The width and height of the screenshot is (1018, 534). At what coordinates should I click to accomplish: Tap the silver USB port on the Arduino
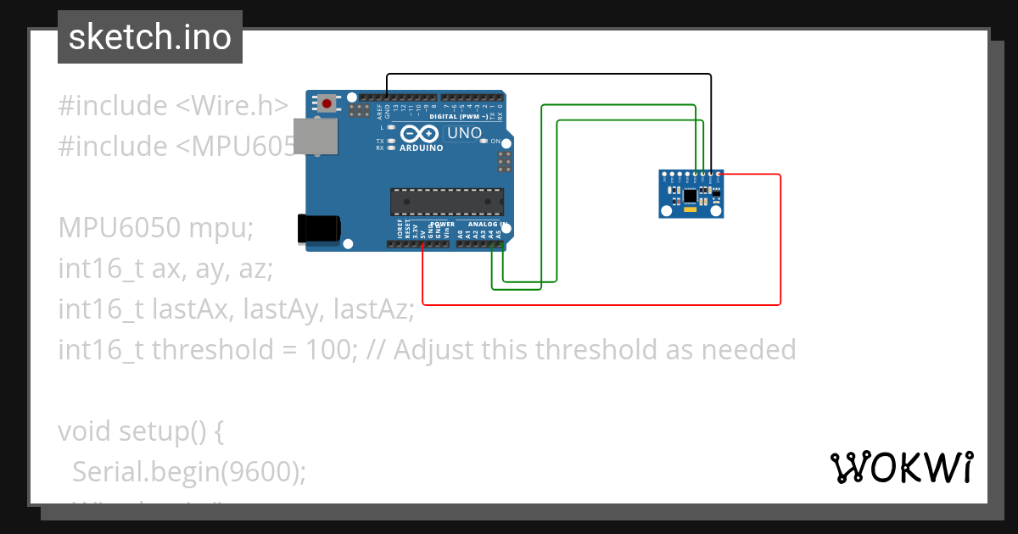click(314, 136)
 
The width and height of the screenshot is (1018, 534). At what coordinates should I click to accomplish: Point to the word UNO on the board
click(464, 133)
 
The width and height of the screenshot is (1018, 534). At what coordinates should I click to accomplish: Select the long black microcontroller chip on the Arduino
click(447, 202)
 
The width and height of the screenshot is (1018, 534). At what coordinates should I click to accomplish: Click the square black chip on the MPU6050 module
click(691, 196)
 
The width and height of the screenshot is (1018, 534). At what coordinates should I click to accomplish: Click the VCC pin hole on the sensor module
click(719, 174)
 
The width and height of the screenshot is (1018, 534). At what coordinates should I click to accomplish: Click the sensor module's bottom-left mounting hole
click(665, 213)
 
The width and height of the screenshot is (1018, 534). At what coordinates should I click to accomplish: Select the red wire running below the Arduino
click(594, 303)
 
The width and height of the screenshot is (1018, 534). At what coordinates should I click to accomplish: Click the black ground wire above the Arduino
click(551, 75)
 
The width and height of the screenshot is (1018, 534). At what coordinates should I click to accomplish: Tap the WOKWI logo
click(901, 467)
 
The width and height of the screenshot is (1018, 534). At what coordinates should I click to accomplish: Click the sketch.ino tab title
click(149, 37)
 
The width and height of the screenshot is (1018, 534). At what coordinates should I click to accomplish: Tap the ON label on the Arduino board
click(495, 141)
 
